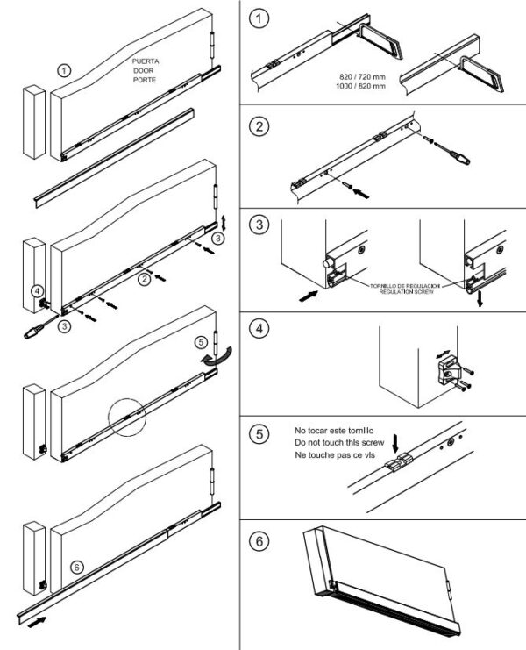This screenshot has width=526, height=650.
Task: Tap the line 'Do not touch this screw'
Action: click(340, 443)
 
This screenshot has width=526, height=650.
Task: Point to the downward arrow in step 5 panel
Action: click(394, 439)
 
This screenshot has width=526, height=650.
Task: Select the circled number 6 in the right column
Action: click(258, 540)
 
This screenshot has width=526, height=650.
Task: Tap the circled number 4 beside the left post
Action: click(36, 290)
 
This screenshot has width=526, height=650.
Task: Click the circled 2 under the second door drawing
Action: click(143, 281)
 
